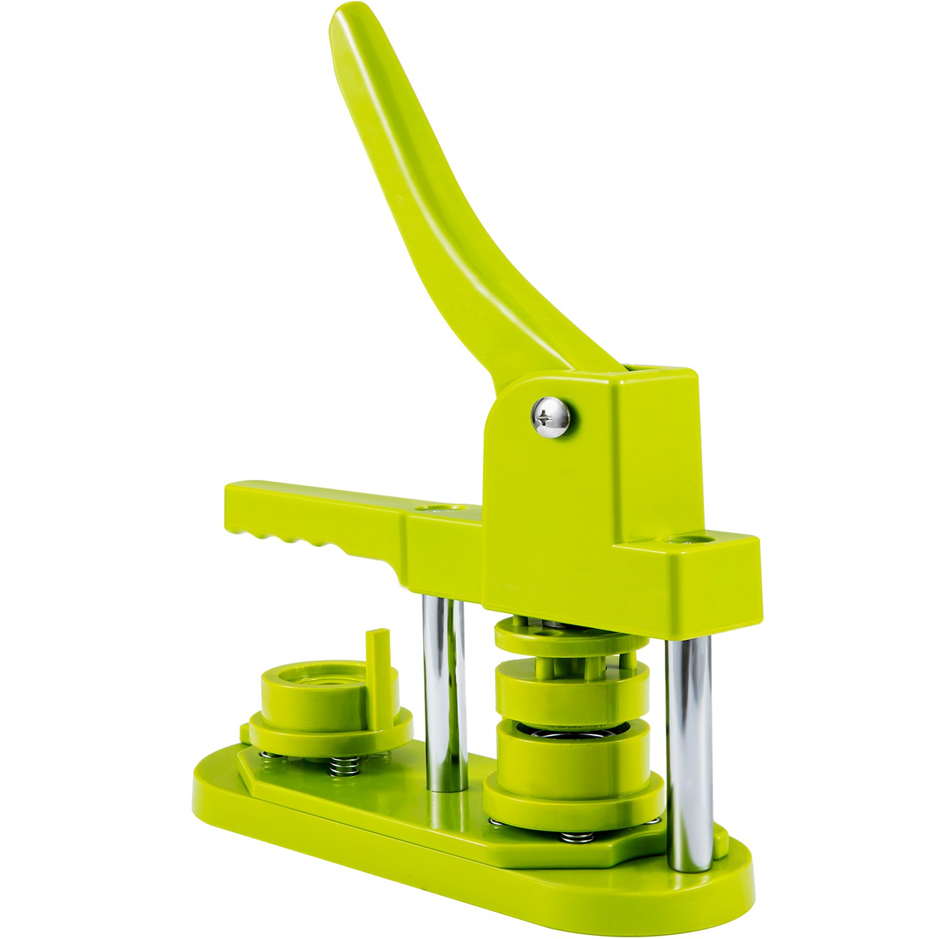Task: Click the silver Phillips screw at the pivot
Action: tap(550, 416)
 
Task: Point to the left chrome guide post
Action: tap(444, 693)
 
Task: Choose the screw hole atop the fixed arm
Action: tap(435, 506)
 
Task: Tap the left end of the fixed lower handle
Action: tap(235, 505)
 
